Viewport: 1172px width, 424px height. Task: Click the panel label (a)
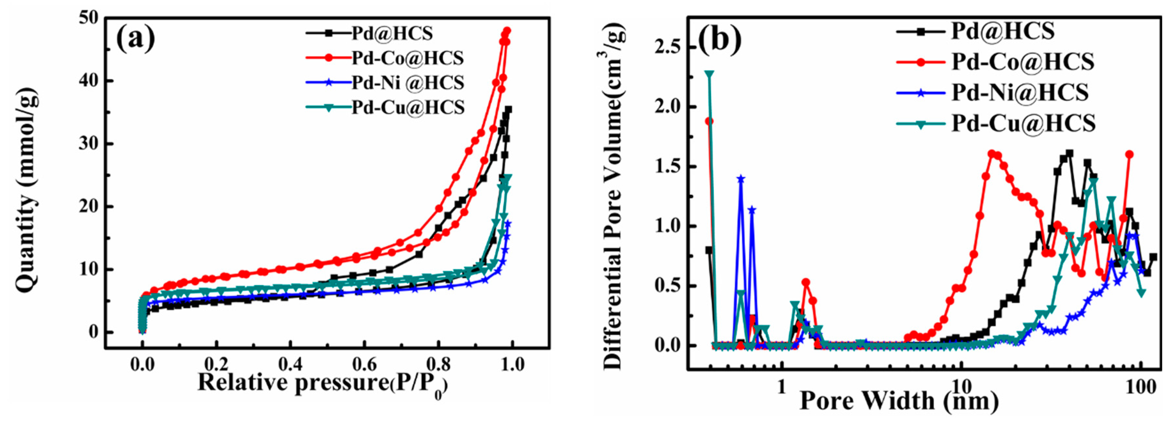tap(136, 39)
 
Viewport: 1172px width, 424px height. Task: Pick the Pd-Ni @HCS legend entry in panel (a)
tap(407, 83)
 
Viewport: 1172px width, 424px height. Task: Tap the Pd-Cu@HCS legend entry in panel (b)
tap(1023, 123)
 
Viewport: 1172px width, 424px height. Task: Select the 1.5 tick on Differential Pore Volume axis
tap(670, 167)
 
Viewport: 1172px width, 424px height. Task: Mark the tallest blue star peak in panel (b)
tap(741, 179)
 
